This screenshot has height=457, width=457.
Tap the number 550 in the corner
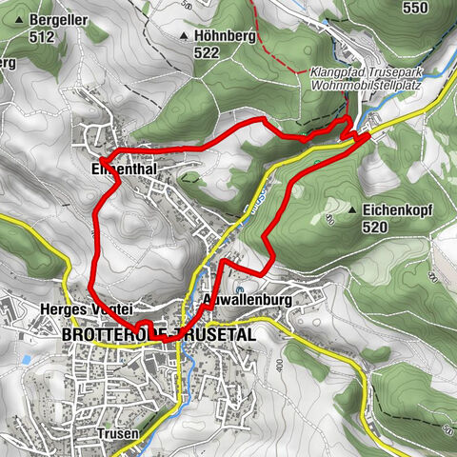pyautogui.click(x=415, y=9)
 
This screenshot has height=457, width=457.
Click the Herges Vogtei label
pyautogui.click(x=84, y=308)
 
